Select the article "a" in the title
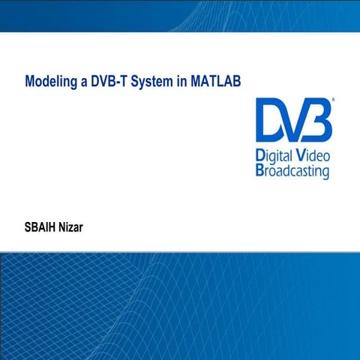click(x=84, y=79)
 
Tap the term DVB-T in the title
click(x=109, y=79)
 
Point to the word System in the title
click(x=152, y=79)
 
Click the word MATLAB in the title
click(x=215, y=79)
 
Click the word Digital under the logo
click(x=274, y=157)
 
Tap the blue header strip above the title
click(x=180, y=15)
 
